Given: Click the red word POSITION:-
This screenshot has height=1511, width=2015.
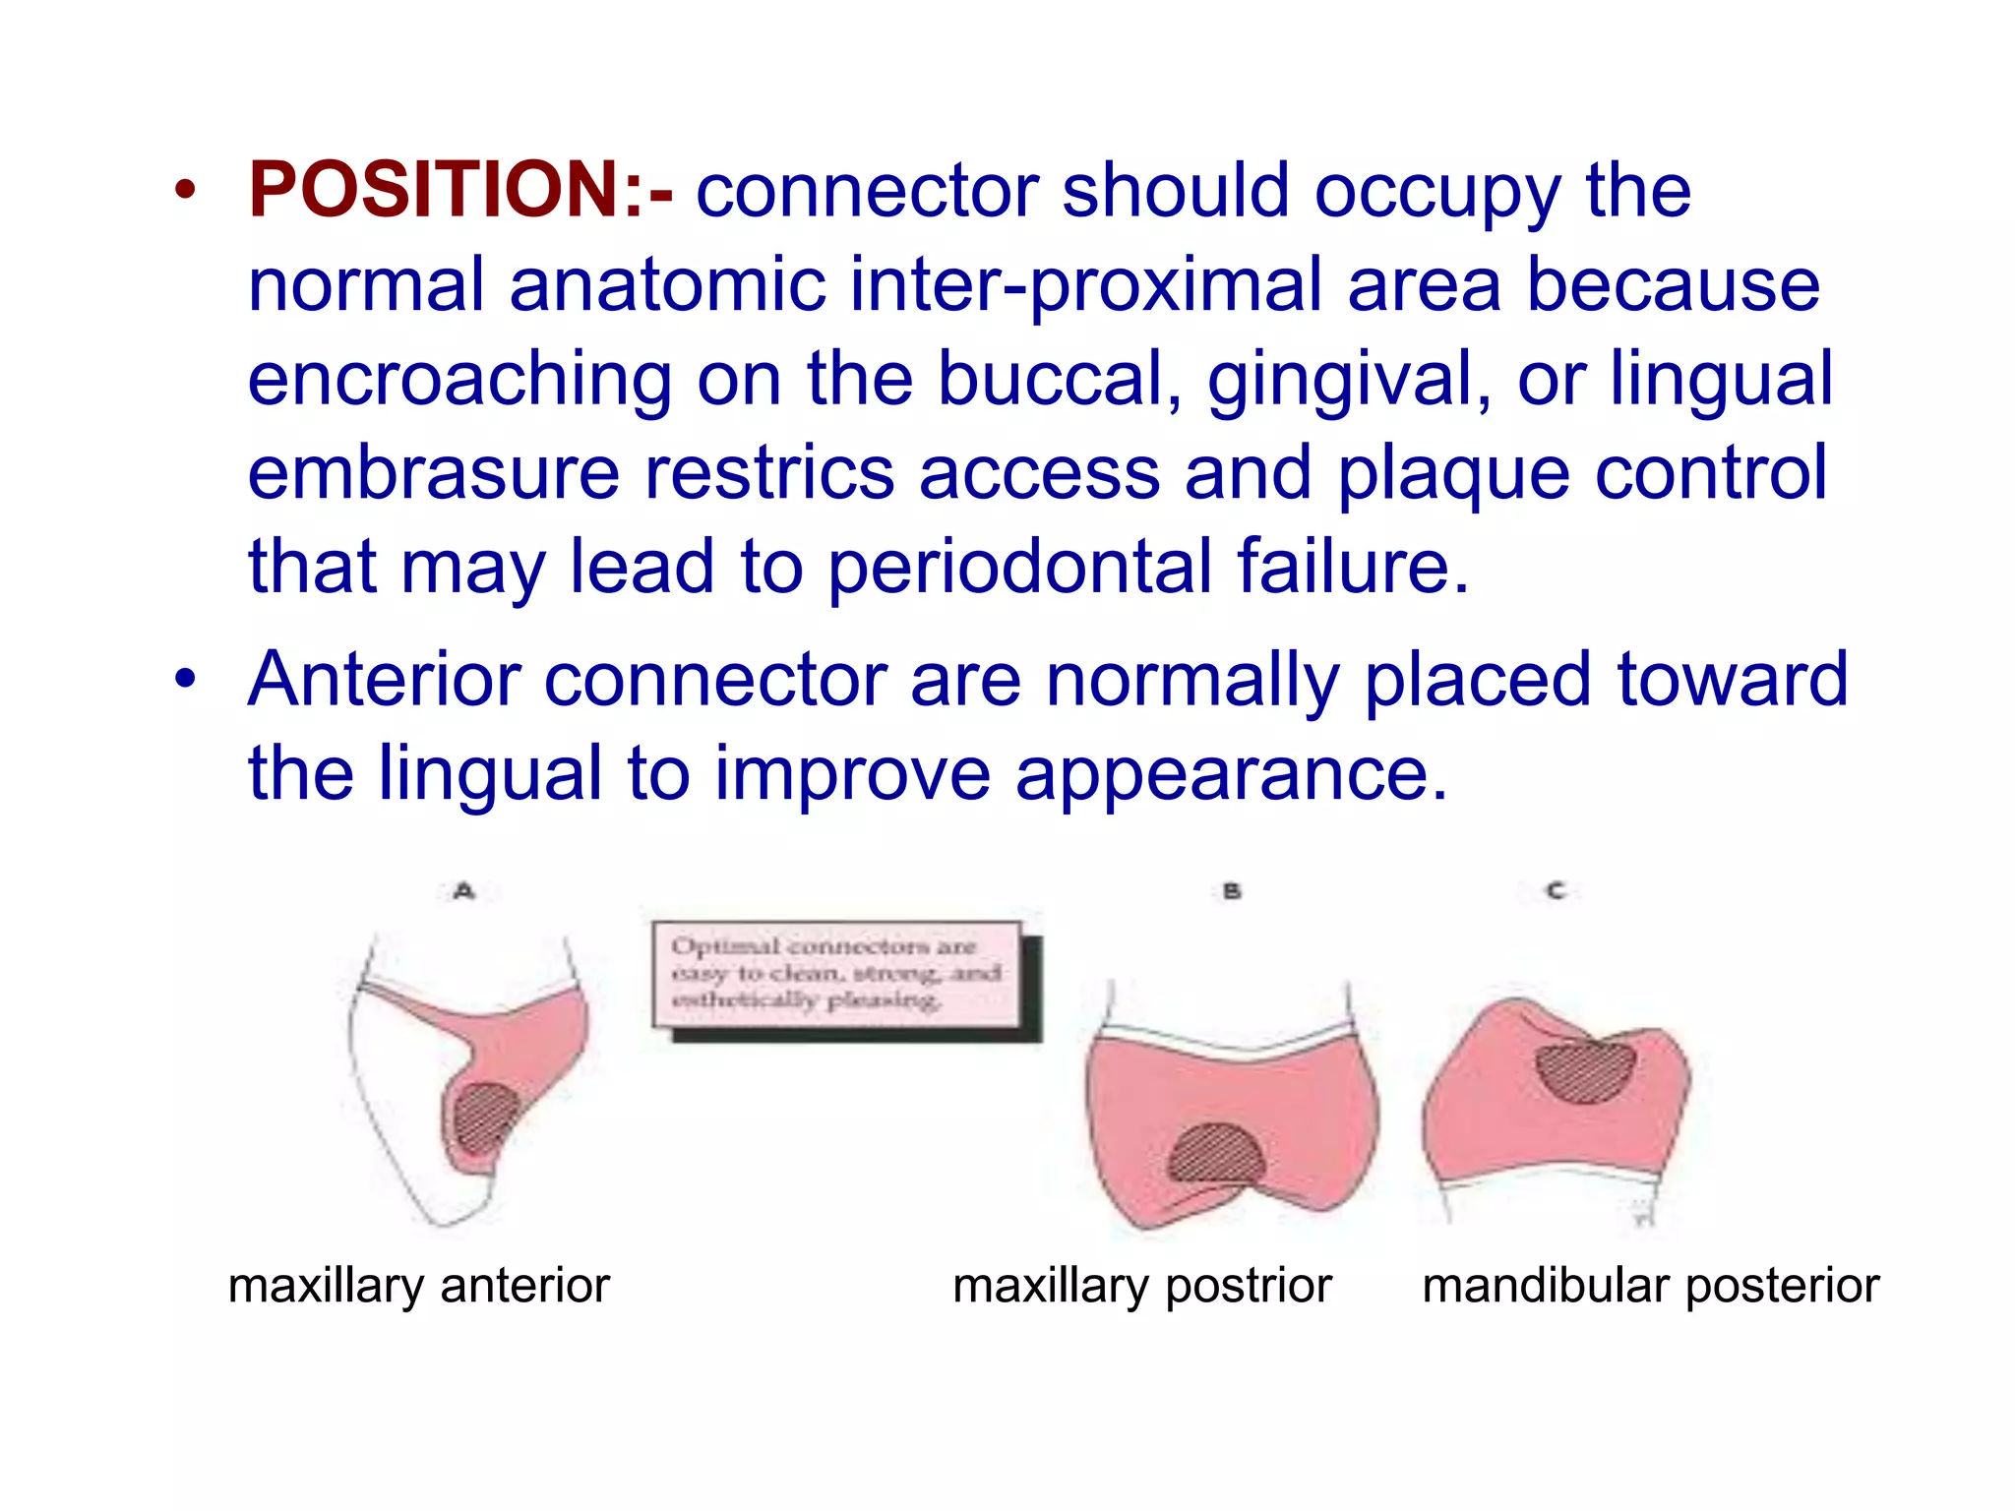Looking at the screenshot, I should [x=460, y=189].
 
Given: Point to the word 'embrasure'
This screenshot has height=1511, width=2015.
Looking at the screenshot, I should [x=433, y=473].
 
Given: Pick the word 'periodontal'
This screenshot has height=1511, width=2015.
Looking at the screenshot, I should [x=1019, y=568].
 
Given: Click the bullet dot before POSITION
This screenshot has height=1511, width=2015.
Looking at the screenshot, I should [x=185, y=190].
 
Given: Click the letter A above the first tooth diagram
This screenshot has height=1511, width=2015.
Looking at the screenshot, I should [x=464, y=891].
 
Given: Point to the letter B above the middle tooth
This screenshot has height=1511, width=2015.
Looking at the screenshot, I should [x=1232, y=891].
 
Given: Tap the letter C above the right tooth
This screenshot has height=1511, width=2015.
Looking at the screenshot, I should [x=1556, y=890].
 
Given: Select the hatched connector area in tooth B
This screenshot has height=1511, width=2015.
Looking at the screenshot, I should [x=1216, y=1154].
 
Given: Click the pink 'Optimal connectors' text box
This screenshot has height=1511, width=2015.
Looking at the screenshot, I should [x=836, y=974].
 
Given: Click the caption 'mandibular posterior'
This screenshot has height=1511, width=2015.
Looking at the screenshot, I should [x=1650, y=1286].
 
